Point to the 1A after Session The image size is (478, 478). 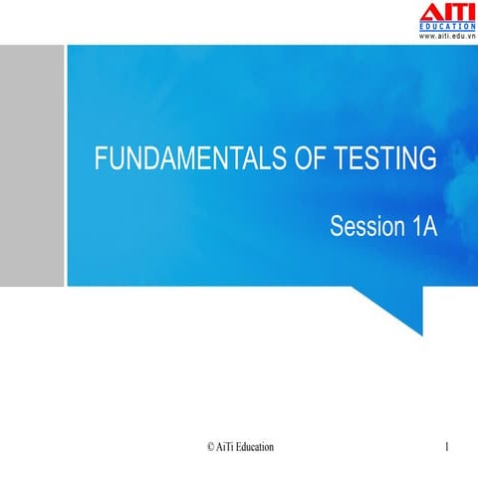[423, 227]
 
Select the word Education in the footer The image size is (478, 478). [256, 448]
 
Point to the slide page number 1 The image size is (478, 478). [448, 448]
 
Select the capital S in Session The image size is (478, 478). [337, 227]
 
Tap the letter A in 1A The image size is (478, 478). [430, 227]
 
